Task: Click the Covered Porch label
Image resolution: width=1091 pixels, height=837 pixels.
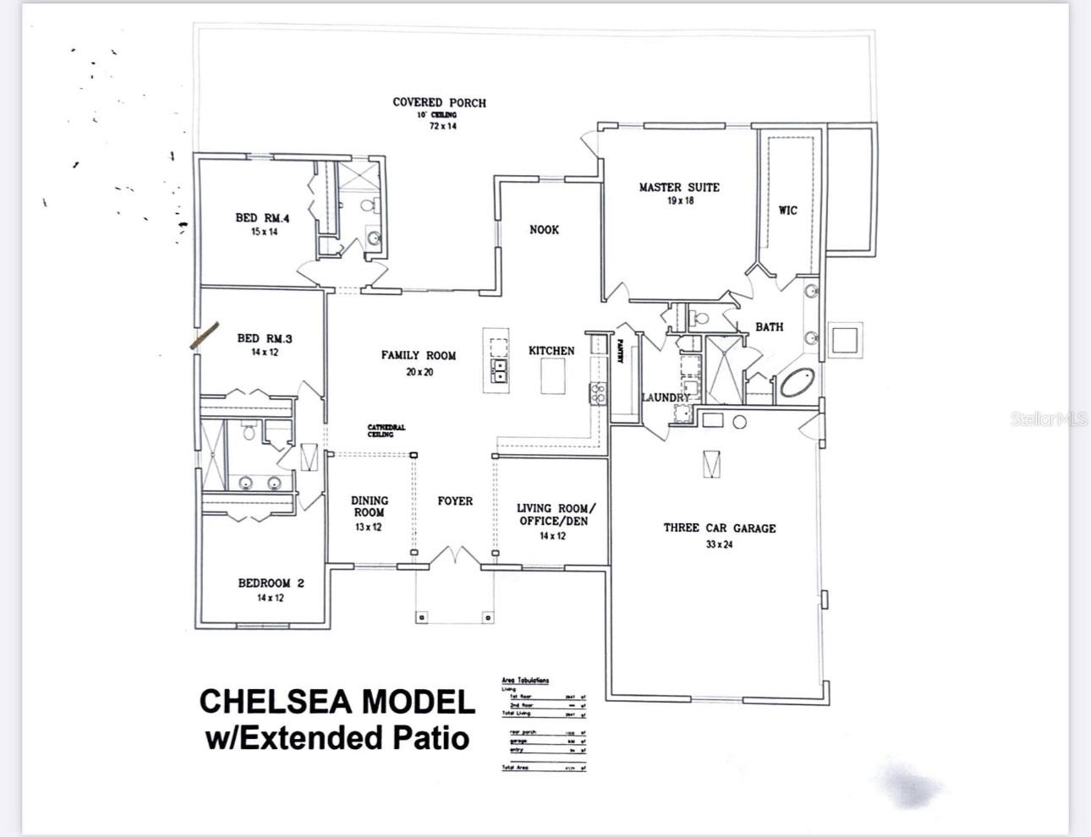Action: coord(439,102)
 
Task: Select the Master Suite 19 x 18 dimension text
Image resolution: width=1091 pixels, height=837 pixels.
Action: coord(680,201)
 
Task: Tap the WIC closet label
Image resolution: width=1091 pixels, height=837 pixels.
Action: coord(787,211)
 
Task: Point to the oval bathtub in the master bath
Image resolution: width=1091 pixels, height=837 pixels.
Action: coord(797,383)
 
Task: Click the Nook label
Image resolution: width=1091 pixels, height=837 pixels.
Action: coord(544,229)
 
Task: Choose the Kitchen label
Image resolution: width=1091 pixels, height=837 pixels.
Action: coord(551,350)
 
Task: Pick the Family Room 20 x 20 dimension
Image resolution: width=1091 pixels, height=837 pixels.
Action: coord(419,372)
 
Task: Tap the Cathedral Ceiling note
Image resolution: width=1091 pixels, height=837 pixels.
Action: coord(386,430)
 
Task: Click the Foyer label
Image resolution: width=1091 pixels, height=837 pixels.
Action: coord(455,501)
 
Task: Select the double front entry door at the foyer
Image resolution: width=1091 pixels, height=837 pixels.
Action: coord(455,556)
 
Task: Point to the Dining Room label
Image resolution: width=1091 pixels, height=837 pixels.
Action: coord(370,506)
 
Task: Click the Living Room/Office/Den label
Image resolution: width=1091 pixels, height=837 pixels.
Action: coord(555,514)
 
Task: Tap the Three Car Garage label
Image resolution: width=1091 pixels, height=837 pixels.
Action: coord(719,528)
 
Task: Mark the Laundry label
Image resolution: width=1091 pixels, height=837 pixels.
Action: coord(666,397)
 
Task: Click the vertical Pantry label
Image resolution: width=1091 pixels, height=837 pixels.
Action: coord(620,351)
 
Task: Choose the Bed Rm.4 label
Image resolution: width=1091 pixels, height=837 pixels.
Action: coord(262,217)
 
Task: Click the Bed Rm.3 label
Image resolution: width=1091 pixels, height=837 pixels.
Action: coord(264,338)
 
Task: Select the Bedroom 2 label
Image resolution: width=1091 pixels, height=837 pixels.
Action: coord(271,583)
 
